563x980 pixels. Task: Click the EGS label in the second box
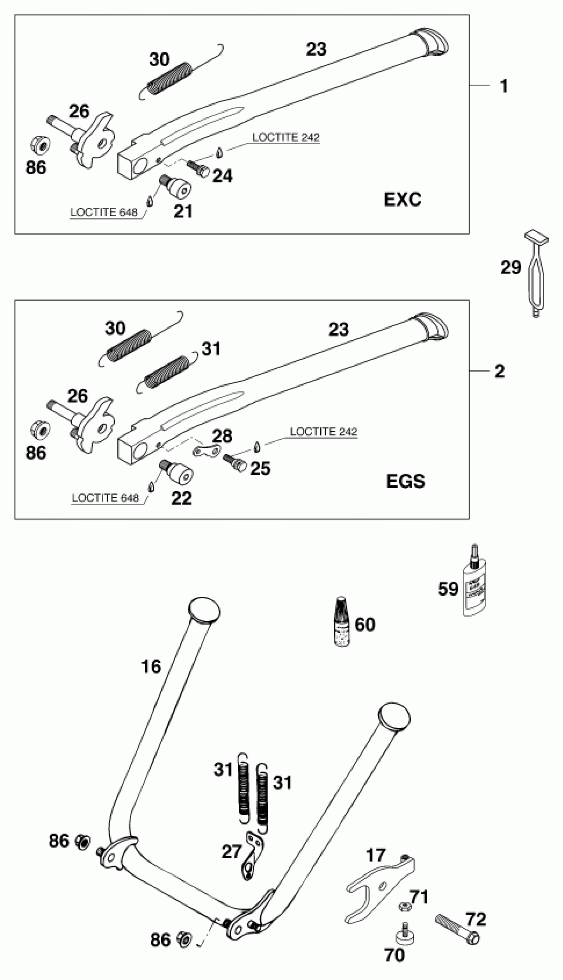click(405, 481)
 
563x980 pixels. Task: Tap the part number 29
click(511, 267)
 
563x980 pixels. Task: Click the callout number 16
click(151, 666)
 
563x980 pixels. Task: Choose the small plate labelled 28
click(207, 451)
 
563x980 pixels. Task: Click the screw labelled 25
click(235, 462)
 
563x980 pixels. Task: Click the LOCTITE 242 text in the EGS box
click(324, 432)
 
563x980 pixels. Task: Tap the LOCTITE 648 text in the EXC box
click(104, 212)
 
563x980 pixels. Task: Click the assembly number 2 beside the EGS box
click(500, 371)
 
